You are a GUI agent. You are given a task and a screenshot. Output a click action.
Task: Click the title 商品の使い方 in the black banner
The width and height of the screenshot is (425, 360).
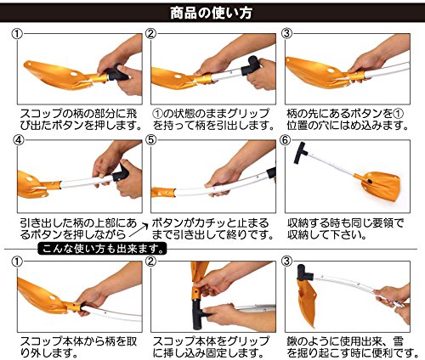tap(211, 13)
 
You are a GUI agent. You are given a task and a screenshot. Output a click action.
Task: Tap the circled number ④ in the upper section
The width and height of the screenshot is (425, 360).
tap(19, 140)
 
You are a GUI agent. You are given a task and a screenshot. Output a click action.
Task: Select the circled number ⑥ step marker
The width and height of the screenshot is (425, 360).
tap(286, 140)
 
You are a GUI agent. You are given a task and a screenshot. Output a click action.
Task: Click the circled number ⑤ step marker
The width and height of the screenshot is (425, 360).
tap(150, 140)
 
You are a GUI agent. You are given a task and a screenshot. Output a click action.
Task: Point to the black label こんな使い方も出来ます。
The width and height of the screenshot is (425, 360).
tap(102, 249)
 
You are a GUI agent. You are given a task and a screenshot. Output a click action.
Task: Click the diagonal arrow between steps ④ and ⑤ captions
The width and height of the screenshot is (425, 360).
tap(138, 230)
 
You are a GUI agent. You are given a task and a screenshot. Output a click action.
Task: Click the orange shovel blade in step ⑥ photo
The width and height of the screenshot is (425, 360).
tap(380, 185)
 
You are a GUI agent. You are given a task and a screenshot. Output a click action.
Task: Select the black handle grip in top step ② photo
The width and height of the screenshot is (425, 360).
tap(251, 65)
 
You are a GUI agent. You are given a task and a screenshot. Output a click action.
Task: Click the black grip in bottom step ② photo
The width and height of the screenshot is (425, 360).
tap(198, 312)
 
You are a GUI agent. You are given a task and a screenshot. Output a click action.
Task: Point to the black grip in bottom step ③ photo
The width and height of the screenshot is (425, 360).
tap(303, 273)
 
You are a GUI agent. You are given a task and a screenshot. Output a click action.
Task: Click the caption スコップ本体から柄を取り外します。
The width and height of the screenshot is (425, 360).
tap(78, 347)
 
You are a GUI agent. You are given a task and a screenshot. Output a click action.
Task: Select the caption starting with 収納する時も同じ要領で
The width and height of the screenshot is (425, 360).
tap(345, 228)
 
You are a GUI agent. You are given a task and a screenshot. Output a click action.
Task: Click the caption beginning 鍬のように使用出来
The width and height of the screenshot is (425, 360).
tap(353, 347)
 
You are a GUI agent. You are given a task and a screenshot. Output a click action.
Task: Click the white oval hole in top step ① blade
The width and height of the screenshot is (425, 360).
tap(74, 74)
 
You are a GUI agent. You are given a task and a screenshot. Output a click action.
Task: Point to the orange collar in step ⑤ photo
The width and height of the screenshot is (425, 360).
tap(163, 192)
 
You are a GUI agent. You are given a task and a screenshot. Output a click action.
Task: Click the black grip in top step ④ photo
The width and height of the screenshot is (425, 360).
tap(121, 172)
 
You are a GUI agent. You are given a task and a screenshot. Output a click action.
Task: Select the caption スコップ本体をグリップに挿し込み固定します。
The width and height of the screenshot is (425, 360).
tap(211, 347)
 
